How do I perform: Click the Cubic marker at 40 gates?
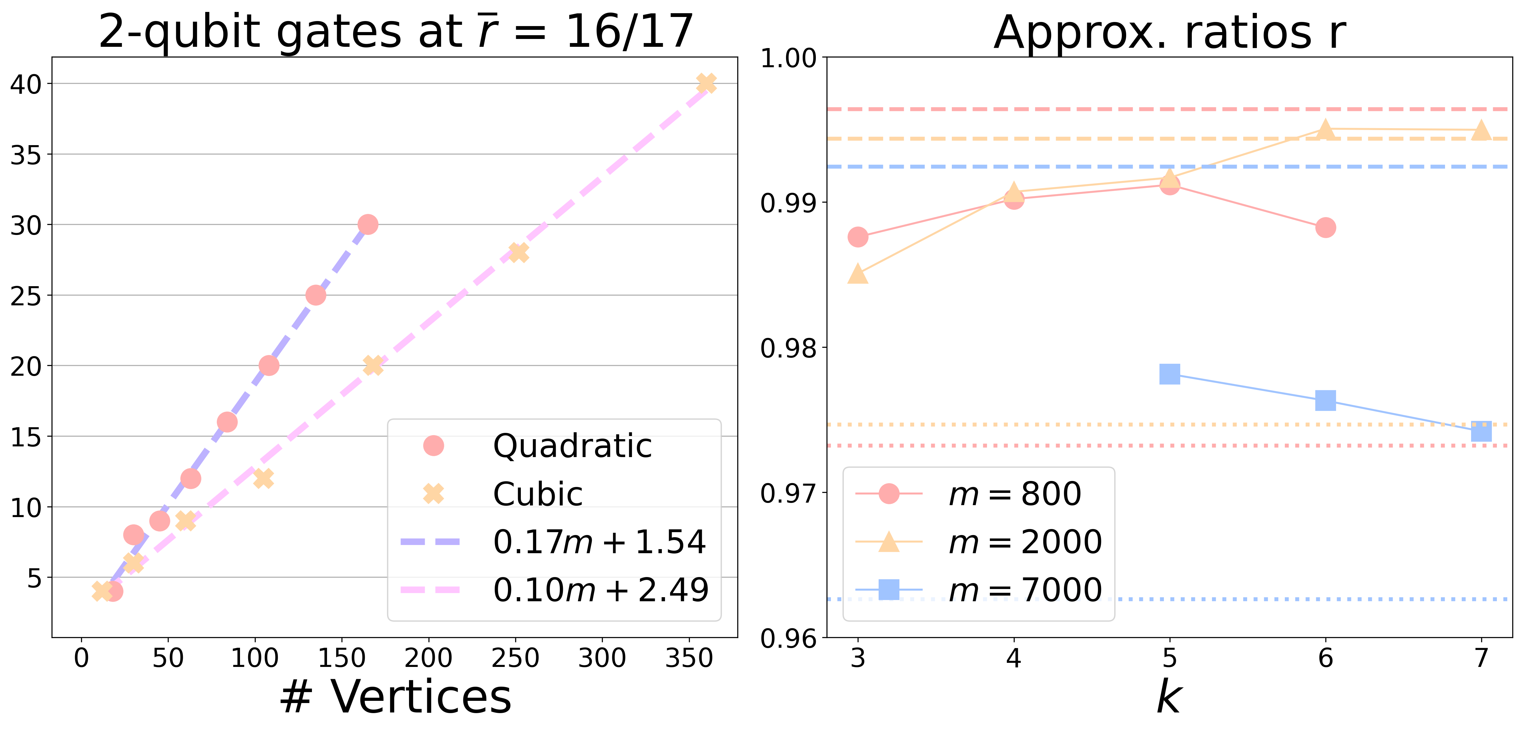point(706,83)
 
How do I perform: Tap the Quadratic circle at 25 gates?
point(316,295)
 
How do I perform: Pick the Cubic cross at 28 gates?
point(518,252)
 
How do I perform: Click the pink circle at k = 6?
point(1325,227)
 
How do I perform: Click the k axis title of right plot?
point(1169,697)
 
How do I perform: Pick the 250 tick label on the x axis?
point(515,658)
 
